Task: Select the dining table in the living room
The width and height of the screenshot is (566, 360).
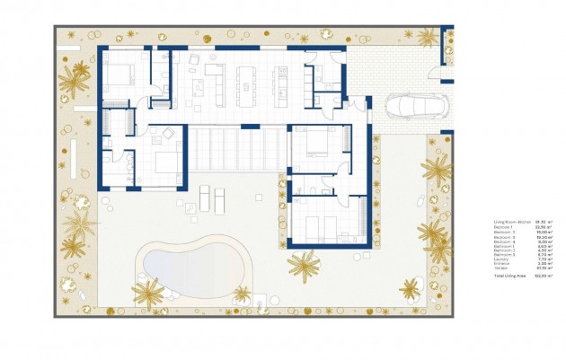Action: tap(245, 82)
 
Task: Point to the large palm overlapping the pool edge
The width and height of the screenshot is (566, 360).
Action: tap(148, 291)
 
